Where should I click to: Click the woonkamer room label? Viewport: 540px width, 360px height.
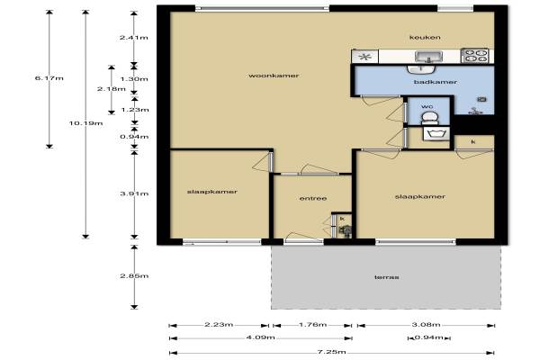pos(274,76)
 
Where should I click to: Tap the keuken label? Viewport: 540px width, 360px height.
pos(425,37)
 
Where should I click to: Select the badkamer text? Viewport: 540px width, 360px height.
pos(436,82)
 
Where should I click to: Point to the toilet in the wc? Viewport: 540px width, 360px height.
pos(430,118)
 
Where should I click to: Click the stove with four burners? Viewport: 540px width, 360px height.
pos(474,56)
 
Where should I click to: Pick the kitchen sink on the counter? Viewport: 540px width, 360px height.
pos(428,57)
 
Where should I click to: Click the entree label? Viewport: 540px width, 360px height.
pos(313,198)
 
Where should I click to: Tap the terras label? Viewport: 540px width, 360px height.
pos(387,277)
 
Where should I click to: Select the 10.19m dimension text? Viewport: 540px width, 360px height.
pos(85,123)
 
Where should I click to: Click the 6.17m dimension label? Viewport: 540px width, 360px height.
pos(49,78)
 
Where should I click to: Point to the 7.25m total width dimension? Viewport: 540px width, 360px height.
pos(331,352)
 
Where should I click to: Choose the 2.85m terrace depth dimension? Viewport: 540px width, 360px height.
pos(134,276)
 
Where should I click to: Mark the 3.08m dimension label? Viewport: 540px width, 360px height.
pos(426,325)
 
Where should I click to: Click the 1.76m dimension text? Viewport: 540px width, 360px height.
pos(312,325)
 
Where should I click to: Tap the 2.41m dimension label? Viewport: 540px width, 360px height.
pos(134,37)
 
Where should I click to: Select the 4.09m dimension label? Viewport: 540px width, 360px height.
pos(260,337)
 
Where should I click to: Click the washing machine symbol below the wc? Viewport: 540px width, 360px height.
pos(436,134)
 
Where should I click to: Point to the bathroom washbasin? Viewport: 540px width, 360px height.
pos(421,69)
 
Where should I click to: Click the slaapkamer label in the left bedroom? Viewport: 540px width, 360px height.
pos(212,192)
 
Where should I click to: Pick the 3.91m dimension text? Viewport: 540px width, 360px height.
pos(134,193)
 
